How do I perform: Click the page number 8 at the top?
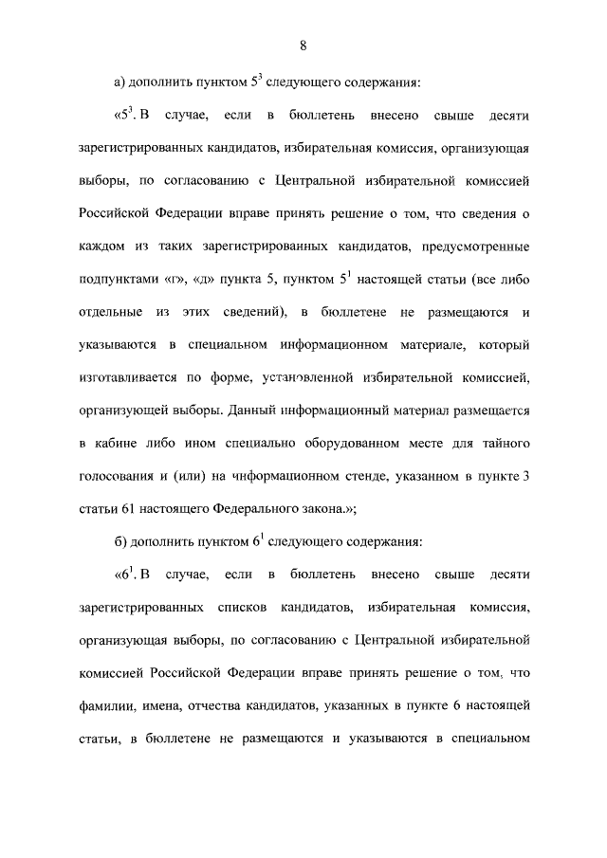coord(303,46)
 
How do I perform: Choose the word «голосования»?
coord(120,479)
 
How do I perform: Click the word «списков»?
coord(266,607)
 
